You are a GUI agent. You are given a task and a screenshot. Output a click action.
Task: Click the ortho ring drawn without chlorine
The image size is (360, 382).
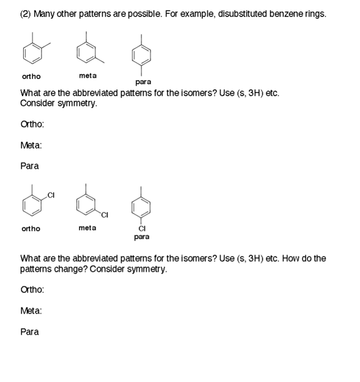[x=33, y=54]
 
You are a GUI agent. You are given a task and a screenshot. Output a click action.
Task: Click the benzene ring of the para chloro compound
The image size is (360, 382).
[x=142, y=209]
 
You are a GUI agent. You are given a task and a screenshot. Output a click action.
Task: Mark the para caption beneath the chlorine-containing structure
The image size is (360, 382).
[x=142, y=237]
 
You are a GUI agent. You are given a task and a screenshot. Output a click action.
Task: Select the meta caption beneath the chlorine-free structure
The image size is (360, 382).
[x=87, y=76]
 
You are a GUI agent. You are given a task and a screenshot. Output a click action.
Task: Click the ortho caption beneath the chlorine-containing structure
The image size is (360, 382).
[x=31, y=229]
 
